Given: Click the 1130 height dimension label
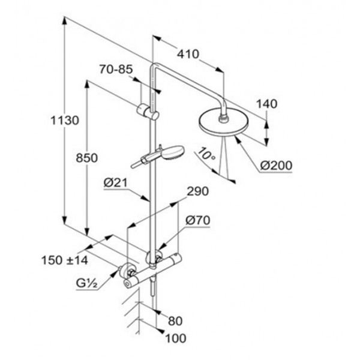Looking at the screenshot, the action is [x=65, y=121].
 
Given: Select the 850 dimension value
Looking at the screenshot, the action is [x=87, y=158].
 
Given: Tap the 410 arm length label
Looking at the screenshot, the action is [x=188, y=54].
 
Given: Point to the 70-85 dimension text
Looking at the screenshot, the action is [x=116, y=69].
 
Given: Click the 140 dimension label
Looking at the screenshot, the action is [x=266, y=104].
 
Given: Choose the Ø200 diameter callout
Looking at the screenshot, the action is [x=276, y=166].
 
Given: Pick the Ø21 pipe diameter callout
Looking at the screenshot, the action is [x=115, y=183].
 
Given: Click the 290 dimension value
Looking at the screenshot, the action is [x=198, y=191].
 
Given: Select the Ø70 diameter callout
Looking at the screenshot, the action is [x=197, y=221].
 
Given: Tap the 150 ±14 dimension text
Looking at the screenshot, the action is [x=65, y=260].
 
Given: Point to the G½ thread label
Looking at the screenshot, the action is [x=87, y=284].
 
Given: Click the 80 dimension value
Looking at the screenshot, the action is [x=175, y=321].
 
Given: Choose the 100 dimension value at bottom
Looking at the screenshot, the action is [x=175, y=338].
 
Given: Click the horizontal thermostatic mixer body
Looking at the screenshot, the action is [x=152, y=271].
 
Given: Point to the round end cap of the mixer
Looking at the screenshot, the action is [x=127, y=284].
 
